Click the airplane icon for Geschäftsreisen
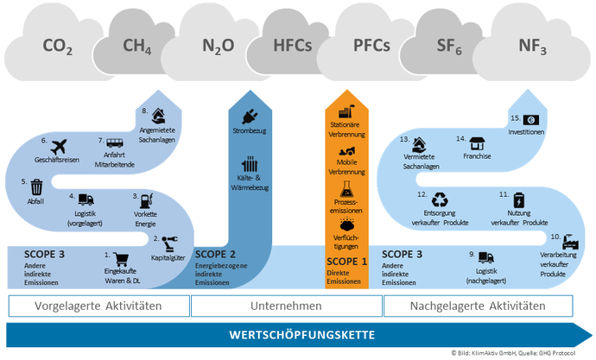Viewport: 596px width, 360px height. (59, 146)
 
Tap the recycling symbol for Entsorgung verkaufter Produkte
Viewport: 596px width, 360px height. (441, 199)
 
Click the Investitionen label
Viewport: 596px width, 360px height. (526, 134)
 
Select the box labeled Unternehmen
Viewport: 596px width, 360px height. (286, 306)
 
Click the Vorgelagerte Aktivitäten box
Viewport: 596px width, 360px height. (98, 306)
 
